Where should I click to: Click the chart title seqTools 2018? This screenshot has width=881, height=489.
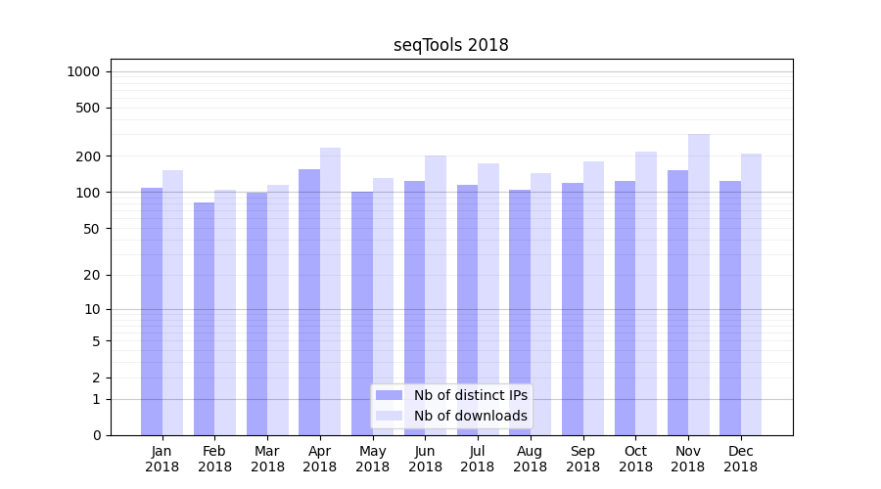(451, 45)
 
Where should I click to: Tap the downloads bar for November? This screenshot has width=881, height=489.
(699, 284)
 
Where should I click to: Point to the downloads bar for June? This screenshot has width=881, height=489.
(436, 294)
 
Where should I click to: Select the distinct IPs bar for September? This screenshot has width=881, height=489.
(573, 308)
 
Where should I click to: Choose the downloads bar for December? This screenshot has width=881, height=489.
(752, 293)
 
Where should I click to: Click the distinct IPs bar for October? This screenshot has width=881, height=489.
(625, 307)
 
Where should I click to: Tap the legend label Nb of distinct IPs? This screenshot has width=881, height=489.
(471, 395)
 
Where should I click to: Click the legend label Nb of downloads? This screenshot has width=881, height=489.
(471, 416)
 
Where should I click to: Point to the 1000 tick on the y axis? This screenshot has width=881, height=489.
(83, 71)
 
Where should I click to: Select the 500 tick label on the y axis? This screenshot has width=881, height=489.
(87, 108)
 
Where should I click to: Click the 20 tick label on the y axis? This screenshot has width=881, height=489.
(91, 275)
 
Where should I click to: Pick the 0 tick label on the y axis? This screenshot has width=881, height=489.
(96, 435)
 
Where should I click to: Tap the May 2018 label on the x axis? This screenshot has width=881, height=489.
(373, 459)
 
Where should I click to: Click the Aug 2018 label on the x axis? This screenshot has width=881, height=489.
(531, 459)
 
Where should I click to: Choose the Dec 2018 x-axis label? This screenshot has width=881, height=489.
(740, 459)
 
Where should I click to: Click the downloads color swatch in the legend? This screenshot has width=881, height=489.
(390, 416)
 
